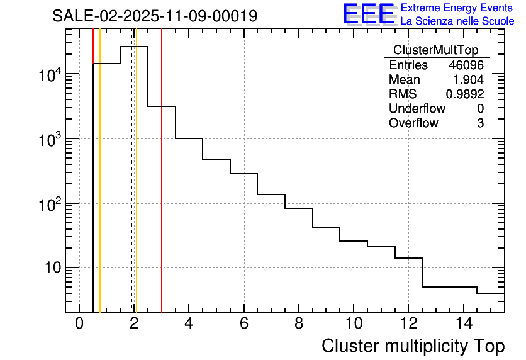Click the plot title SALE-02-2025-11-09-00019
155,16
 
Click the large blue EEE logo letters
368,14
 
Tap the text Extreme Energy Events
457,8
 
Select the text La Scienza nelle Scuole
457,21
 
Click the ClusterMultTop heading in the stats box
435,50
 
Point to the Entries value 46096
466,65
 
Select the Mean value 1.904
468,80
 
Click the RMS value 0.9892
465,94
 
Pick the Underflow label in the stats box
417,109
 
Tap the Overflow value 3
480,123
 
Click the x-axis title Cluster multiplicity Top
413,346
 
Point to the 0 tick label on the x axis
79,324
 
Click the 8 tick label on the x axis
299,324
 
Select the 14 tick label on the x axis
463,324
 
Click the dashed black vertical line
131,189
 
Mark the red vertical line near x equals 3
162,189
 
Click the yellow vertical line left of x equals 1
100,189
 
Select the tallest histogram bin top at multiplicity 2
134,47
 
